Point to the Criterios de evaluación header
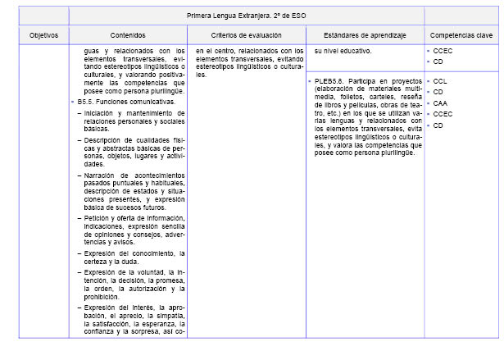[246, 36]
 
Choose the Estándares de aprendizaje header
[363, 36]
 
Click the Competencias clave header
[461, 36]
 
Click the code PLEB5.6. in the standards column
[330, 82]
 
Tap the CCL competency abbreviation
[440, 81]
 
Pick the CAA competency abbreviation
[440, 103]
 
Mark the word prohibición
[105, 297]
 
